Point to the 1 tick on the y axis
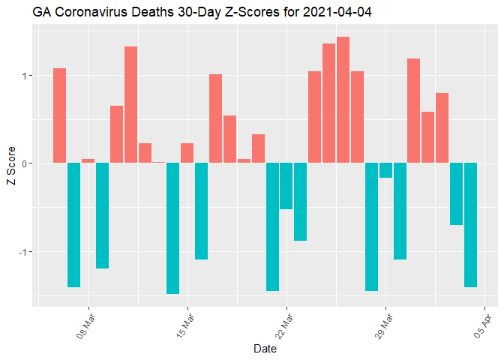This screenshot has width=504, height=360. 23,76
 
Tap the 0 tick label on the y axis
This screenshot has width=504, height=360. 23,163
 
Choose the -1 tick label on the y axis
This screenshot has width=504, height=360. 22,251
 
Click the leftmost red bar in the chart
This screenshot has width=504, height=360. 60,115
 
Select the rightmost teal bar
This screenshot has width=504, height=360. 471,225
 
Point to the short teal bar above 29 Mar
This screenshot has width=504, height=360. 385,170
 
